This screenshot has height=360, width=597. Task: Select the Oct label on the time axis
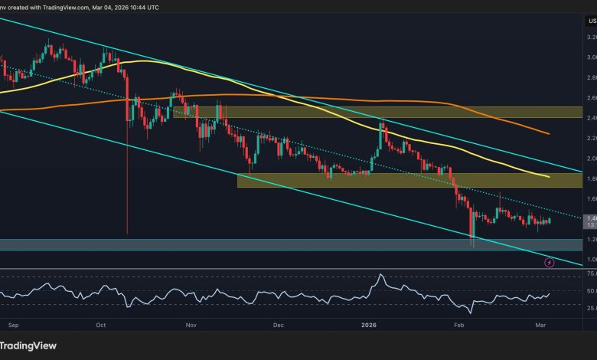click(101, 324)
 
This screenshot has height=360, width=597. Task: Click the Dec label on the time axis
click(278, 324)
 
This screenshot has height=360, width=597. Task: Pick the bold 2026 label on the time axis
click(370, 324)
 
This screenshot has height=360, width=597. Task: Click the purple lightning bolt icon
click(550, 263)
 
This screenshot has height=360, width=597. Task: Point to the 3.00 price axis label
click(586, 57)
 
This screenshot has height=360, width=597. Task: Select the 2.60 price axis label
click(586, 98)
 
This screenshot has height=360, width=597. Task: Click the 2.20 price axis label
click(586, 139)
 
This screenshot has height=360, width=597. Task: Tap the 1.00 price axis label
click(586, 260)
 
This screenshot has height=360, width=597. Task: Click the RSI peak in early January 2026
click(380, 274)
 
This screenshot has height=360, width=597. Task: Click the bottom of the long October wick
click(126, 233)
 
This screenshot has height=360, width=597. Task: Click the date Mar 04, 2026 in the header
click(136, 7)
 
